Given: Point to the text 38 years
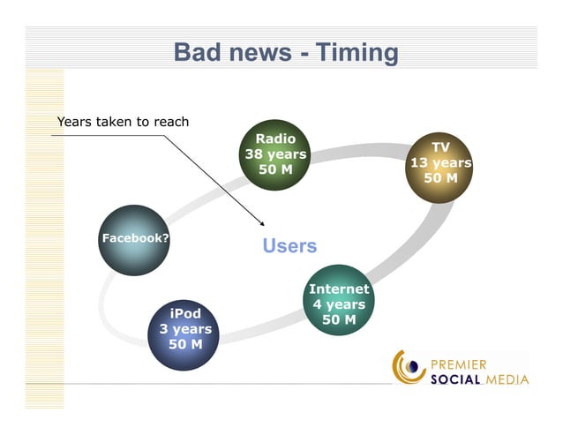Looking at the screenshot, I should pyautogui.click(x=275, y=154).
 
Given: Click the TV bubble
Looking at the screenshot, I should pyautogui.click(x=440, y=168).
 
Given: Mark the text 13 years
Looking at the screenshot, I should pyautogui.click(x=440, y=163).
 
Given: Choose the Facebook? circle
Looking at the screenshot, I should pyautogui.click(x=135, y=240).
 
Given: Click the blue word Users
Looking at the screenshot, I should pyautogui.click(x=289, y=246).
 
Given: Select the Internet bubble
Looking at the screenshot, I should pyautogui.click(x=339, y=301).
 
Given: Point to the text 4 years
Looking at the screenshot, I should pyautogui.click(x=339, y=304).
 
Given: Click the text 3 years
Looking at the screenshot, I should pyautogui.click(x=184, y=329).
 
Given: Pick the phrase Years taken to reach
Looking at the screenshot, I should pyautogui.click(x=123, y=122).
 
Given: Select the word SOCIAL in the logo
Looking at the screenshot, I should pyautogui.click(x=456, y=380).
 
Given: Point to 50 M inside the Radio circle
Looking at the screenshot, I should pyautogui.click(x=275, y=169).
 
